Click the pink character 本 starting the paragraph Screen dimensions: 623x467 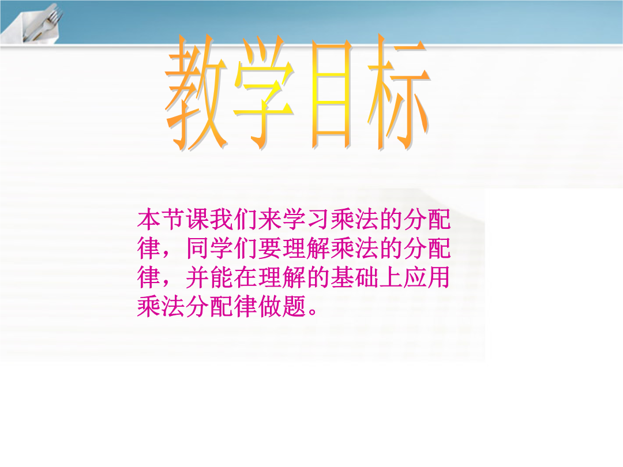pyautogui.click(x=149, y=219)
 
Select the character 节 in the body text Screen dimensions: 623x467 pyautogui.click(x=174, y=219)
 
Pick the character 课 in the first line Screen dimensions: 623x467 pyautogui.click(x=198, y=219)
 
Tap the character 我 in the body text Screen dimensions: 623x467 pyautogui.click(x=222, y=219)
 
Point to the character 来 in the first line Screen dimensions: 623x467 pyautogui.click(x=270, y=219)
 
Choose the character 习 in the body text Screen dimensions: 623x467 pyautogui.click(x=318, y=219)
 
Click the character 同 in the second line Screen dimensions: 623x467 pyautogui.click(x=198, y=248)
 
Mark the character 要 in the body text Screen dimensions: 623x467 pyautogui.click(x=270, y=248)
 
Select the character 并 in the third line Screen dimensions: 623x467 pyautogui.click(x=198, y=277)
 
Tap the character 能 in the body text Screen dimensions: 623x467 pyautogui.click(x=222, y=277)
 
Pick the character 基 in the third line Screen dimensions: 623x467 pyautogui.click(x=343, y=277)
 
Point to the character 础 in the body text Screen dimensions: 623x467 pyautogui.click(x=367, y=277)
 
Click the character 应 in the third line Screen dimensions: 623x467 pyautogui.click(x=415, y=277)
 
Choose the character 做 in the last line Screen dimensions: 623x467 pyautogui.click(x=270, y=306)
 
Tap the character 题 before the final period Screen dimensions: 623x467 pyautogui.click(x=294, y=306)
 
